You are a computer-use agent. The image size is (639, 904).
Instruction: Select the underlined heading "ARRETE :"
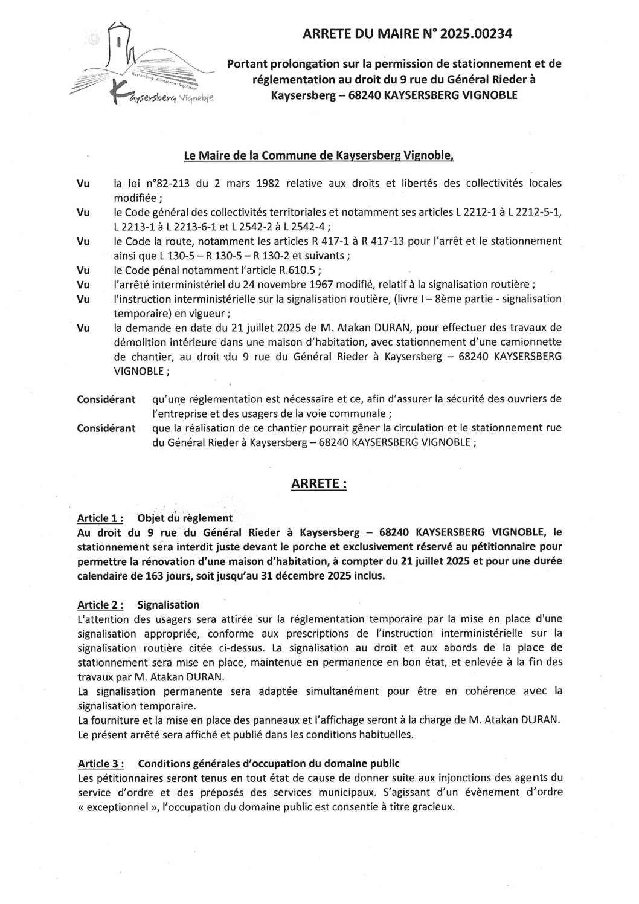319,484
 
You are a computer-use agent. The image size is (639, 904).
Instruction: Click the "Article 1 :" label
101,518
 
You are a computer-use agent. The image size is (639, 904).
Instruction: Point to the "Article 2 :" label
101,605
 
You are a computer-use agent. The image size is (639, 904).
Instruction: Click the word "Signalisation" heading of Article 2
168,605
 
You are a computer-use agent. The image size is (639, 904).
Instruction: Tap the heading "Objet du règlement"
185,518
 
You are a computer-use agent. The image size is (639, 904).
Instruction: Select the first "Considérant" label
106,399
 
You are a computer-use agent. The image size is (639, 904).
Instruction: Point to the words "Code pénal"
153,270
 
